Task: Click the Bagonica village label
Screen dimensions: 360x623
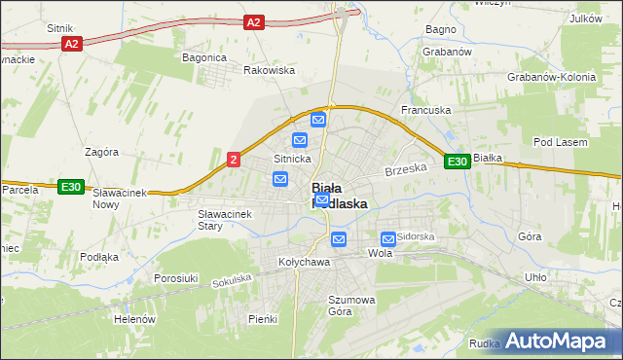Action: (x=204, y=57)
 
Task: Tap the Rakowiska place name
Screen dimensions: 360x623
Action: (x=269, y=70)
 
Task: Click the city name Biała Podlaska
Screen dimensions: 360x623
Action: (x=339, y=196)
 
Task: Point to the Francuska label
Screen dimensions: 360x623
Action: (x=426, y=111)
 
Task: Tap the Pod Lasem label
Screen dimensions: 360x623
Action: (x=562, y=143)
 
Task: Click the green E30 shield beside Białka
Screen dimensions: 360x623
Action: (x=458, y=162)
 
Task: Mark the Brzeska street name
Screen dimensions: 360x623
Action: (x=406, y=169)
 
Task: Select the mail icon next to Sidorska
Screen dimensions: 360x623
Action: (x=388, y=237)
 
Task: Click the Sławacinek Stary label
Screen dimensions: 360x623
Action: (x=224, y=220)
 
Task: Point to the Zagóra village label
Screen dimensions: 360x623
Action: (x=101, y=153)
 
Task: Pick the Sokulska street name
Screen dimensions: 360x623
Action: (x=232, y=280)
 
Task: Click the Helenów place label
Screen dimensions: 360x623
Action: (x=135, y=319)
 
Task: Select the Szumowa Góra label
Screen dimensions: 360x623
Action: (x=351, y=306)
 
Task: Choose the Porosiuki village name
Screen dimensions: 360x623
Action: (x=176, y=278)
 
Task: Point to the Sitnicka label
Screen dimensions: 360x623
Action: (x=292, y=158)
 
